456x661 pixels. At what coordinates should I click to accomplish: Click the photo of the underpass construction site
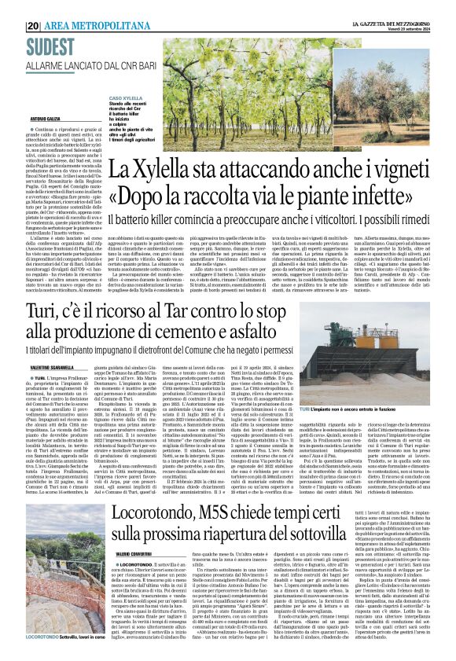57,585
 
